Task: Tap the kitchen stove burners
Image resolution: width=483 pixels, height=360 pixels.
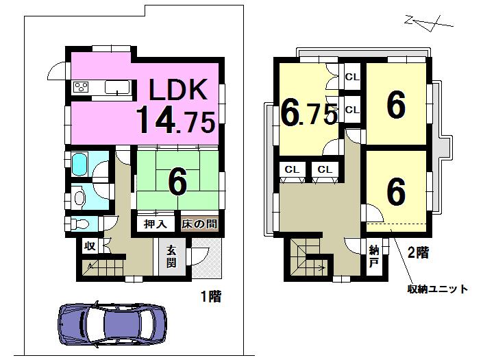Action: click(82, 87)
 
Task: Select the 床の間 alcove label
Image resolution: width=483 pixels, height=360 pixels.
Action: click(200, 224)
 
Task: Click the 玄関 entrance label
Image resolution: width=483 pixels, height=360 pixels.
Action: click(171, 257)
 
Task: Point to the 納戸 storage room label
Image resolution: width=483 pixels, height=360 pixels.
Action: click(374, 255)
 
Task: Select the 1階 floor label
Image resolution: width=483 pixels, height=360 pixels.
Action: click(210, 298)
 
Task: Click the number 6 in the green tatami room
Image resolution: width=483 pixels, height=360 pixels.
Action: click(177, 182)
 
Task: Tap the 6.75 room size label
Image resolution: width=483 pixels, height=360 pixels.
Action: click(308, 114)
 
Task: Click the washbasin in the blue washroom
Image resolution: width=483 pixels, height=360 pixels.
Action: click(80, 197)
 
